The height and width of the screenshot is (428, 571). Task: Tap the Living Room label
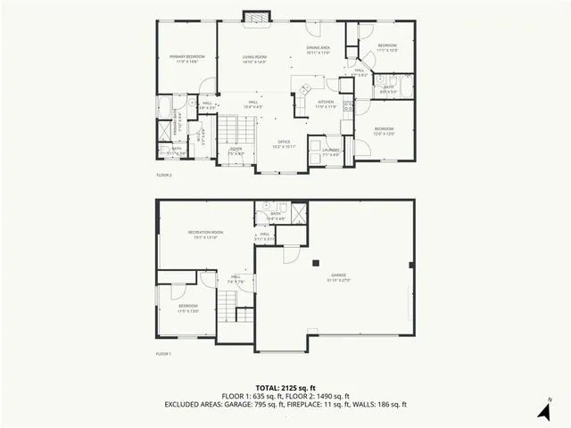click(x=254, y=59)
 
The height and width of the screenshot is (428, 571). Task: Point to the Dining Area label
click(x=319, y=50)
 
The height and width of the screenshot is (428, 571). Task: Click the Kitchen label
click(x=326, y=104)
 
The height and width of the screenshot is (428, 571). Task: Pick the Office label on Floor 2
click(x=284, y=143)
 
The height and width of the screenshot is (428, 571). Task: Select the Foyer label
click(x=236, y=151)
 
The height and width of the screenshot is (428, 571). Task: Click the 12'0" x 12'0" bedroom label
click(x=384, y=132)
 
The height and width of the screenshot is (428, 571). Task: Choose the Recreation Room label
click(x=205, y=235)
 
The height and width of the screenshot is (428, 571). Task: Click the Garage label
click(x=339, y=277)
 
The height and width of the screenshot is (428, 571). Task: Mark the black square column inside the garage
click(x=315, y=262)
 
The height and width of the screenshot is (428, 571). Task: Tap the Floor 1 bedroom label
click(x=188, y=308)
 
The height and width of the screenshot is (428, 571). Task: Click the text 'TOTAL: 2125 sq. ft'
click(x=285, y=388)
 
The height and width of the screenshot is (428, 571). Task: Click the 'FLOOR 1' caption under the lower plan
click(x=163, y=354)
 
